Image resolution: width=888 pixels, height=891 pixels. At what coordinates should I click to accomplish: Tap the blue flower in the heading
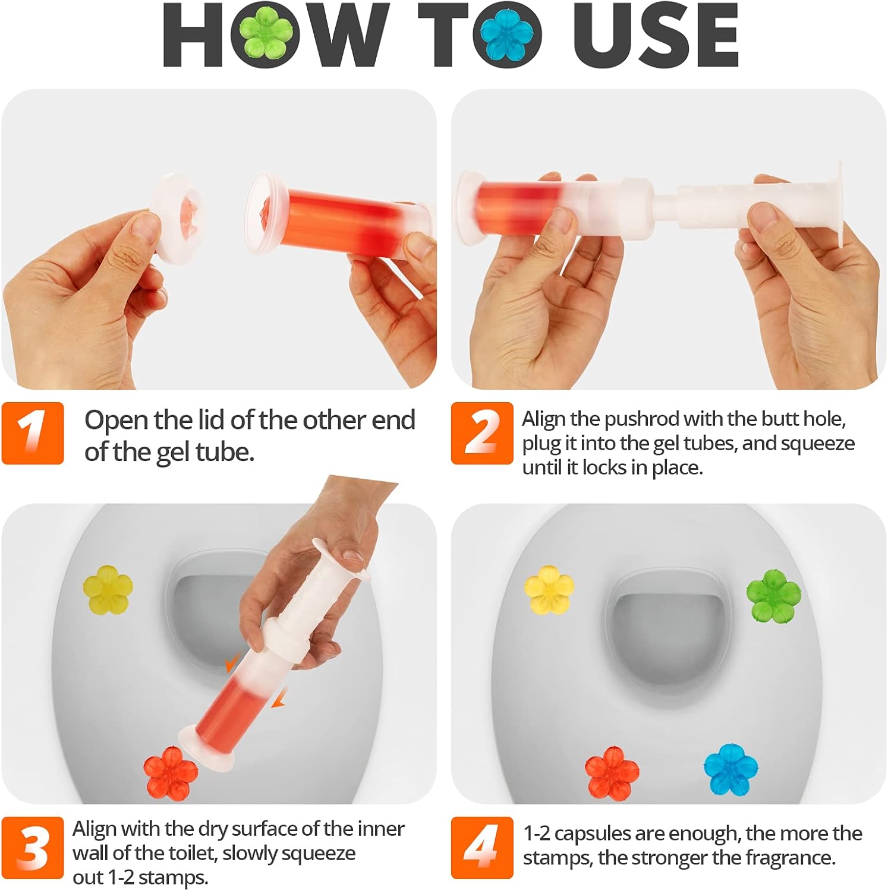[x=507, y=34]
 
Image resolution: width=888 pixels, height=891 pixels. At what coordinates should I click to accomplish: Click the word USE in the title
[x=656, y=36]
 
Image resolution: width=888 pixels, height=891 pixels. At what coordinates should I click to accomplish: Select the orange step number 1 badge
[x=33, y=432]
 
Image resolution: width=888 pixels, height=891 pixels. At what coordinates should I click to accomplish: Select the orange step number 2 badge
[x=481, y=432]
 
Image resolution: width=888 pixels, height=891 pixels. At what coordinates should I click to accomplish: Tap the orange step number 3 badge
[x=33, y=847]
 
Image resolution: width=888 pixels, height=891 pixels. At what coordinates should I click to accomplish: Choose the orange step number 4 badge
[x=481, y=847]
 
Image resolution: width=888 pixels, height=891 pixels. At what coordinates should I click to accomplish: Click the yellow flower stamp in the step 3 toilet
[x=108, y=590]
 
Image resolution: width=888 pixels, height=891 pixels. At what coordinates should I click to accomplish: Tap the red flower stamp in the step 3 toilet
[x=171, y=773]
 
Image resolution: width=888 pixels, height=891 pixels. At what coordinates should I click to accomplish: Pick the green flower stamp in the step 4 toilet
[x=773, y=595]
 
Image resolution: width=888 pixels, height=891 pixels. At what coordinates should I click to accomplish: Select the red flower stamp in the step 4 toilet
[x=612, y=773]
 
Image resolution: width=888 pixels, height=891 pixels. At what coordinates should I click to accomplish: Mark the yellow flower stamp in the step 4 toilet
[x=549, y=590]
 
